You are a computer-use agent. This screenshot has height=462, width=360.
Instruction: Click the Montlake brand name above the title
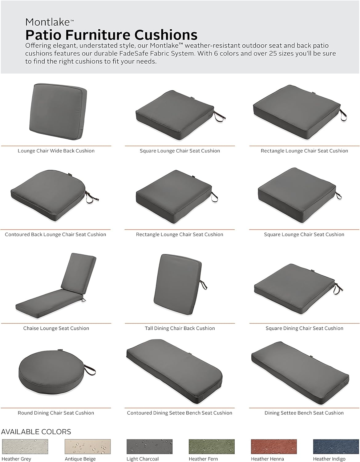[48, 22]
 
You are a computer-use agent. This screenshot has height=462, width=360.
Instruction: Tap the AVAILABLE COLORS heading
[36, 432]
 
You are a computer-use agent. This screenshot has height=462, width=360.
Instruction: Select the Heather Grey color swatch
[25, 446]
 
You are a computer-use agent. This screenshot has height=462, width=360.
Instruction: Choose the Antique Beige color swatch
[87, 446]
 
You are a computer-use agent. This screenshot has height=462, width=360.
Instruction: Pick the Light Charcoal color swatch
[149, 446]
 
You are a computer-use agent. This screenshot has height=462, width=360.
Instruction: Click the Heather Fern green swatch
[212, 446]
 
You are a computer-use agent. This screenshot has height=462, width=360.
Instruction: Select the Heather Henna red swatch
[274, 446]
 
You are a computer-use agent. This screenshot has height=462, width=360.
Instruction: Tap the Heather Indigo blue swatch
[336, 446]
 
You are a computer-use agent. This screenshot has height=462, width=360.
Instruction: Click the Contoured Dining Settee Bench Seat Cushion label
[180, 413]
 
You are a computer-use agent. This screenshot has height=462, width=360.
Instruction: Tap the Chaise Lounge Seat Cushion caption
[56, 328]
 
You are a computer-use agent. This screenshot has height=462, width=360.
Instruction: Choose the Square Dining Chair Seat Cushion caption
[304, 328]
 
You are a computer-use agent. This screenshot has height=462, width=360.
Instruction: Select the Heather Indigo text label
[329, 459]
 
